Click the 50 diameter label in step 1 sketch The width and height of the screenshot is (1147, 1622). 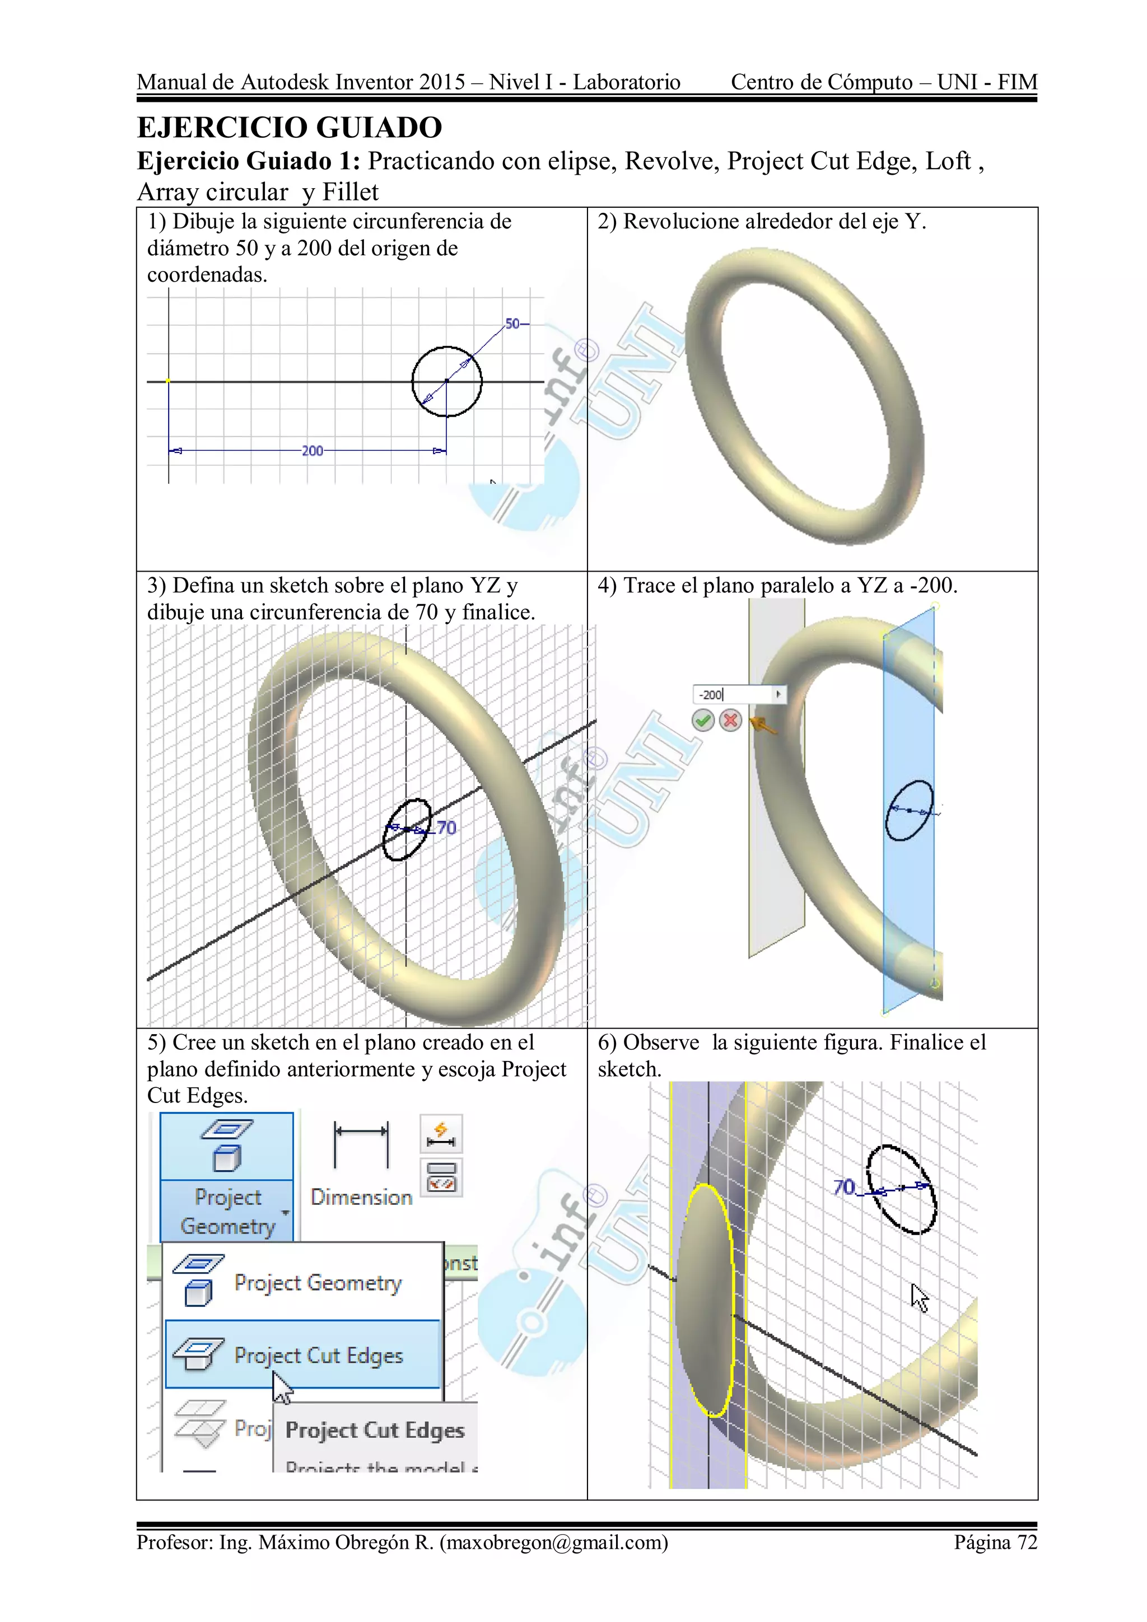click(x=512, y=324)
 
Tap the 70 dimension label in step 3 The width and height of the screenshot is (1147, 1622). click(x=446, y=828)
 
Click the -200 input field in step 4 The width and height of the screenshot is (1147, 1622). click(x=732, y=694)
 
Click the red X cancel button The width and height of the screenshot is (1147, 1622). click(x=731, y=721)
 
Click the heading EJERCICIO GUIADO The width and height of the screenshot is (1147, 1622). click(x=289, y=128)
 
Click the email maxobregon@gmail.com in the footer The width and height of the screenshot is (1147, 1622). click(x=553, y=1542)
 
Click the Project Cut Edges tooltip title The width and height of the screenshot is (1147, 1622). click(x=375, y=1430)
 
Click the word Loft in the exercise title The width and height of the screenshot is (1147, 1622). click(x=948, y=161)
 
